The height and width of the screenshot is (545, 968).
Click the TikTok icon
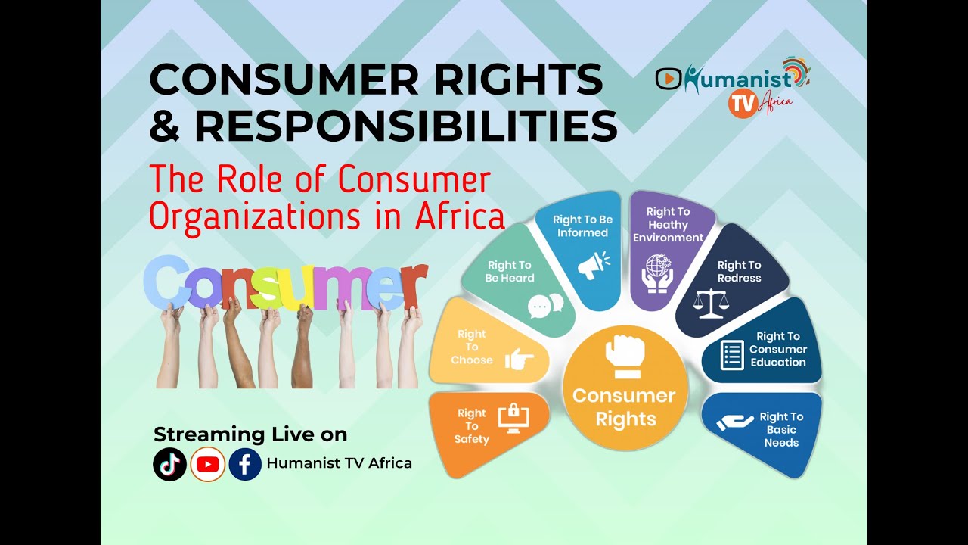[x=169, y=464]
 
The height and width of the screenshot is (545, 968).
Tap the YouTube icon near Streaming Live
[x=207, y=464]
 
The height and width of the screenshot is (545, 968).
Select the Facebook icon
[x=245, y=464]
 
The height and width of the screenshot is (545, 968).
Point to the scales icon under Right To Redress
[x=712, y=303]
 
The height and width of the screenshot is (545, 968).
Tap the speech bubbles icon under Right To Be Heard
[x=546, y=305]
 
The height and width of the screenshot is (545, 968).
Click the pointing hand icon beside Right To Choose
[x=519, y=360]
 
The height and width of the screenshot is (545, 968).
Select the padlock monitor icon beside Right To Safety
[x=513, y=419]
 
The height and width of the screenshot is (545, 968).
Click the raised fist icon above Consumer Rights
[x=625, y=357]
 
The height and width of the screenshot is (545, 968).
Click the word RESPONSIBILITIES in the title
[x=405, y=126]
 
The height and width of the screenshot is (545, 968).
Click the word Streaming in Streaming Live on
[x=199, y=434]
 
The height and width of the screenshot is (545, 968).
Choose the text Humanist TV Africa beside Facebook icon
[x=340, y=463]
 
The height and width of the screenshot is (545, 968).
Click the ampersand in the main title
[x=164, y=127]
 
